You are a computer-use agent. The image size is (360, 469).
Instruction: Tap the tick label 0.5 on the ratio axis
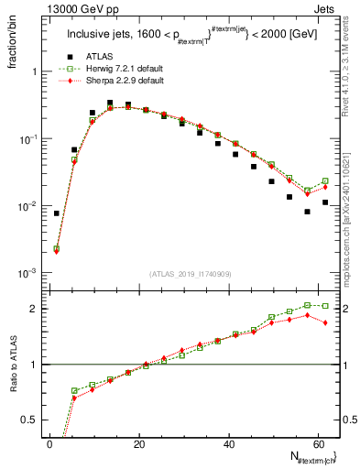coord(30,419)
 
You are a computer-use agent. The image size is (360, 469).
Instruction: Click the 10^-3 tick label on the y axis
coord(27,274)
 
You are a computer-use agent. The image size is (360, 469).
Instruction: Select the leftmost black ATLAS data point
coord(57,213)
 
